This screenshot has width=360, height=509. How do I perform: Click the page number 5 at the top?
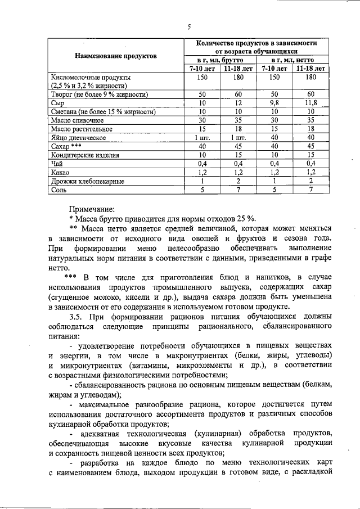[x=190, y=26]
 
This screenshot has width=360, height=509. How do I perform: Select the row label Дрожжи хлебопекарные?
[x=87, y=182]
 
